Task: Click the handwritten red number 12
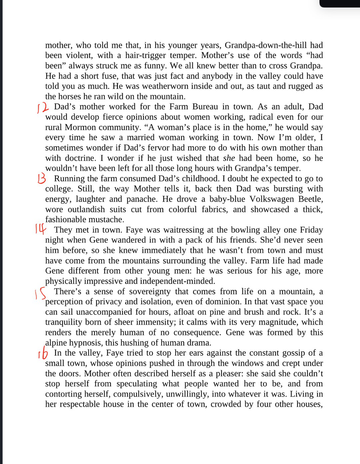[43, 107]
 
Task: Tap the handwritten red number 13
[42, 178]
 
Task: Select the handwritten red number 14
[41, 229]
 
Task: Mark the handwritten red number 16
[43, 353]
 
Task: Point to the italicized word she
[229, 158]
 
